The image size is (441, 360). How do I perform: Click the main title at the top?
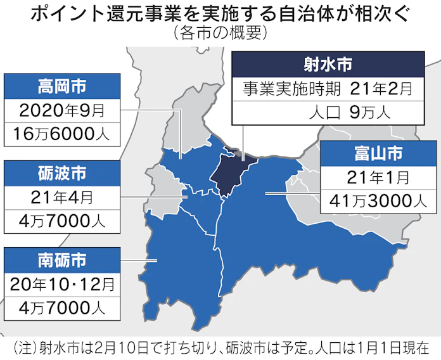tap(220, 14)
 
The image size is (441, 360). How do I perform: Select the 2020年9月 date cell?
tap(61, 110)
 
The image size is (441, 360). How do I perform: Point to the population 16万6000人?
tap(61, 133)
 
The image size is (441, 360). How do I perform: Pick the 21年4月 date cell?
tap(61, 196)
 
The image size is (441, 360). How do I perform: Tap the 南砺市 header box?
tap(61, 259)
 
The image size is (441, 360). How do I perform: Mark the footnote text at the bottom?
tap(220, 347)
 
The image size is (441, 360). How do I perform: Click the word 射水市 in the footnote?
tap(58, 347)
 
